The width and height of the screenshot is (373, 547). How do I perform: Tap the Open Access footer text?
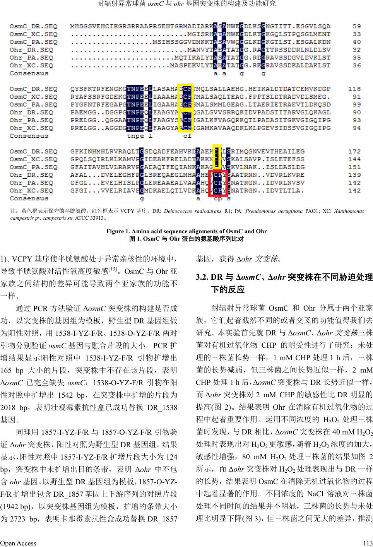pyautogui.click(x=18, y=543)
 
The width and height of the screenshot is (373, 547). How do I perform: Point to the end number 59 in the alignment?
pyautogui.click(x=356, y=26)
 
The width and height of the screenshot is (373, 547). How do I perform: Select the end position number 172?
pyautogui.click(x=354, y=151)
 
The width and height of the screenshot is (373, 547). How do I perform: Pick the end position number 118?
pyautogui.click(x=354, y=89)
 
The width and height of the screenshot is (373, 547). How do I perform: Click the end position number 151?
pyautogui.click(x=354, y=167)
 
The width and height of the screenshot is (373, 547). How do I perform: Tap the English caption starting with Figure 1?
pyautogui.click(x=186, y=231)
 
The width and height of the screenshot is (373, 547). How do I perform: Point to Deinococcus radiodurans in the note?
pyautogui.click(x=193, y=211)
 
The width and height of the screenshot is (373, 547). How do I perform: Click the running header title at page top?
pyautogui.click(x=186, y=4)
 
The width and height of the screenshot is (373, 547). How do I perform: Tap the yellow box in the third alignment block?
pyautogui.click(x=217, y=156)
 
